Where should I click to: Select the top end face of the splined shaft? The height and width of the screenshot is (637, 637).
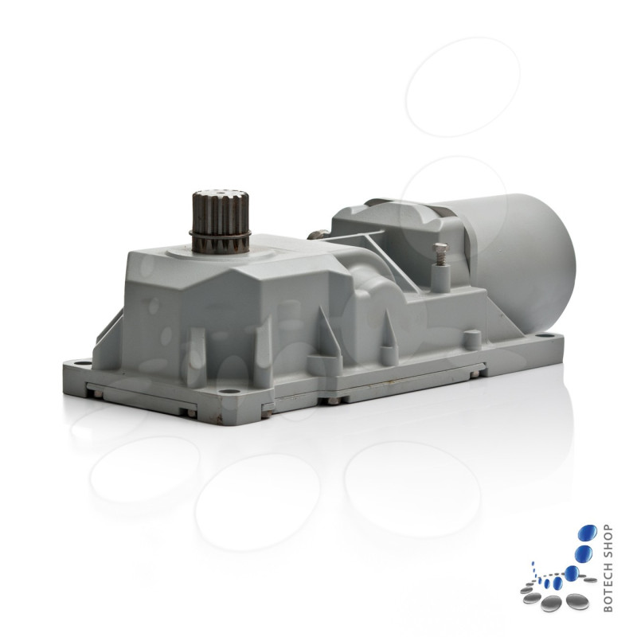click(219, 195)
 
